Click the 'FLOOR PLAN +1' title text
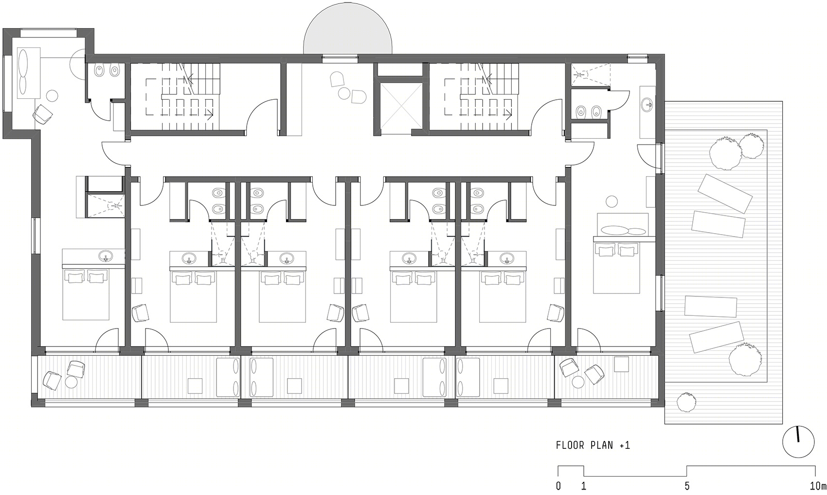point(593,445)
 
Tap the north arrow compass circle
point(798,442)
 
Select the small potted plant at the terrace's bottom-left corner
point(686,402)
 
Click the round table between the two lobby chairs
point(344,93)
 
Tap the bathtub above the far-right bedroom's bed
point(623,231)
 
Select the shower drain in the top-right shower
point(581,74)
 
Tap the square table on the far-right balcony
point(621,364)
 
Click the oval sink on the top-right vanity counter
point(647,104)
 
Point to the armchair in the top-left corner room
point(43,113)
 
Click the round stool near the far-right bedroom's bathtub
point(612,202)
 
